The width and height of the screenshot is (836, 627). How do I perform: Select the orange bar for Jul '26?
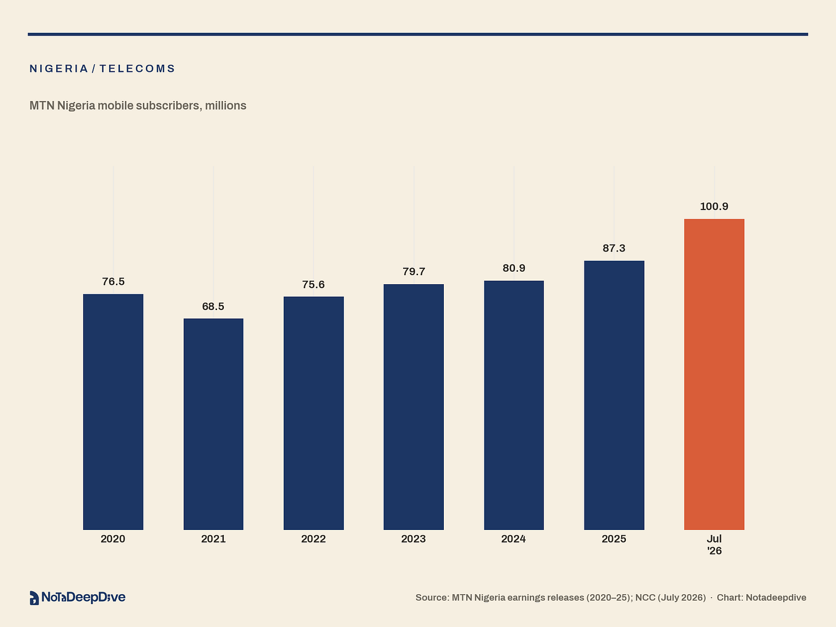714,374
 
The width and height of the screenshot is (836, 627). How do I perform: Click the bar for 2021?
213,424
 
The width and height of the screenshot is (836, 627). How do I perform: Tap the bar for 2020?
113,412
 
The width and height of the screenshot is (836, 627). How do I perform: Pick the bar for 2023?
413,407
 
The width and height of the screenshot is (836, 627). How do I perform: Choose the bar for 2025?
614,395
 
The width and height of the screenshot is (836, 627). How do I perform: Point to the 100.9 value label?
714,206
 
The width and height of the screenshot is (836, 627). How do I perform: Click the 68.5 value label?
213,307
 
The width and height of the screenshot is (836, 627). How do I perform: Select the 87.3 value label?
614,248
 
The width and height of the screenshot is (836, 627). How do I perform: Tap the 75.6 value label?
313,284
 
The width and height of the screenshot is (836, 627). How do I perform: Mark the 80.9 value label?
514,268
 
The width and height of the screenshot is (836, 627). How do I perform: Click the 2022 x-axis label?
313,539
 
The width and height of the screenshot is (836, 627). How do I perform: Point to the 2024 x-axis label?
513,539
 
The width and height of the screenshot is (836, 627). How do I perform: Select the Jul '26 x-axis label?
714,545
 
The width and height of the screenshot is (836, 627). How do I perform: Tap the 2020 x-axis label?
113,539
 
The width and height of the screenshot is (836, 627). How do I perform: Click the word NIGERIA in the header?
59,68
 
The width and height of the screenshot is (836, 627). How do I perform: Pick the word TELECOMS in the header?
137,68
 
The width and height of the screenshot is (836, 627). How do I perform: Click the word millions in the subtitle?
226,106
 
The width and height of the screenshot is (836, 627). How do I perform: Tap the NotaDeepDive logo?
78,597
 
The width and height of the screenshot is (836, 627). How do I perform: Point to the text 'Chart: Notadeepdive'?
761,598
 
